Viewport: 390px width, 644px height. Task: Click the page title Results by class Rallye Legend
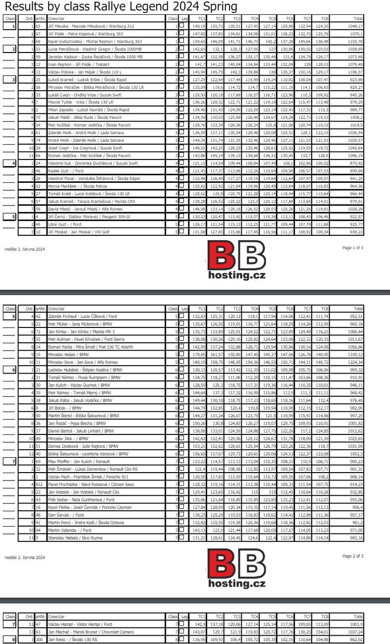(x=113, y=7)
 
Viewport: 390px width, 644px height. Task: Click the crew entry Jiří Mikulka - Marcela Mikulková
(x=91, y=26)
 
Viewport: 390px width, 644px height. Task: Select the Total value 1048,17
(x=355, y=26)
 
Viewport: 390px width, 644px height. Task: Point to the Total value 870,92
(x=355, y=163)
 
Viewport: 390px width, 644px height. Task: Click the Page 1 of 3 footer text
(x=352, y=248)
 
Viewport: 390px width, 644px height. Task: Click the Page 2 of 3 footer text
(x=352, y=556)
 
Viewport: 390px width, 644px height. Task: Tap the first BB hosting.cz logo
(x=236, y=261)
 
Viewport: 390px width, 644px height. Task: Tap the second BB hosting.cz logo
(x=236, y=570)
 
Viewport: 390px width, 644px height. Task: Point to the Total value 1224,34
(x=355, y=362)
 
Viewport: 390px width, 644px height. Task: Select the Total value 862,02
(x=355, y=640)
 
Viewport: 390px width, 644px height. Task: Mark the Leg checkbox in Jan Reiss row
(x=182, y=640)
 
